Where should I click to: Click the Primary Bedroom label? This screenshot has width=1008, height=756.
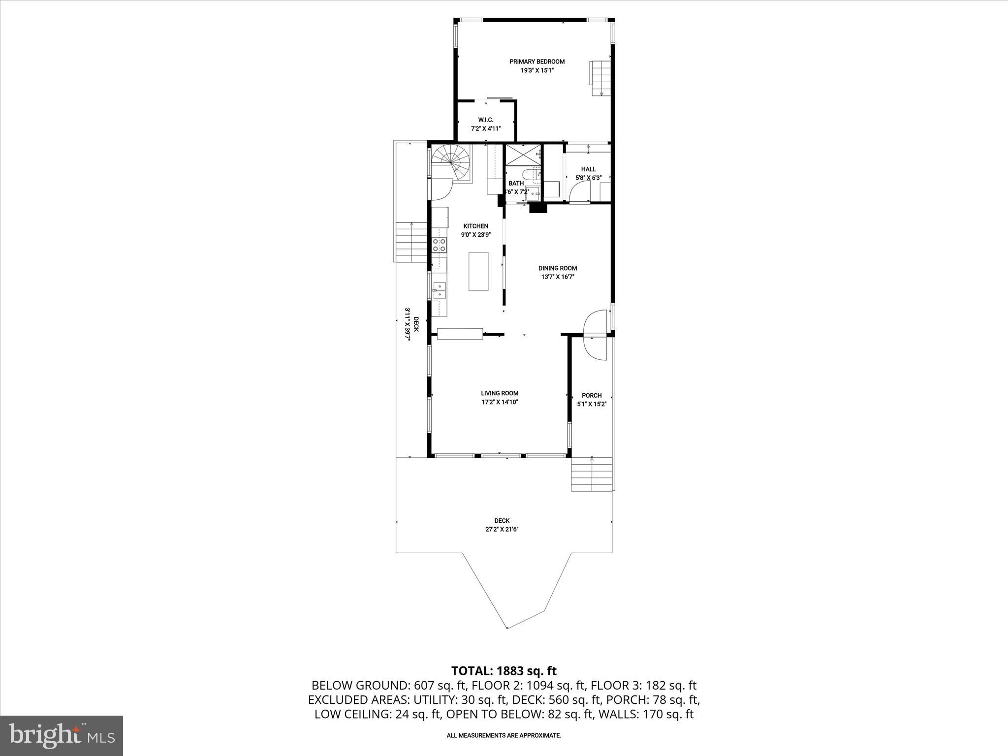coord(536,62)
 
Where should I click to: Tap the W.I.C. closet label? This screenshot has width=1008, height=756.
coord(485,120)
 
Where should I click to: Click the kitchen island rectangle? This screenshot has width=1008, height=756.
coord(478,271)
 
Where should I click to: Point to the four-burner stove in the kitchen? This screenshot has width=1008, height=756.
coord(439,245)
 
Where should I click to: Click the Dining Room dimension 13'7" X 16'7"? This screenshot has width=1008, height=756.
coord(558,277)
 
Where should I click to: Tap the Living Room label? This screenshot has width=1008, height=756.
coord(500,393)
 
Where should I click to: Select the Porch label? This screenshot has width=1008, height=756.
coord(592,395)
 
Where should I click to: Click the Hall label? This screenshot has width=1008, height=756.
coord(588,169)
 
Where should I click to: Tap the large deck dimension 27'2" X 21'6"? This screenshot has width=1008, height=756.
coord(502,529)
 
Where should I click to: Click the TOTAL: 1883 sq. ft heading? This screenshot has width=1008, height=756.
coord(504,671)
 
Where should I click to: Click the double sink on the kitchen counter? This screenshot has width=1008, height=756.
coord(439,290)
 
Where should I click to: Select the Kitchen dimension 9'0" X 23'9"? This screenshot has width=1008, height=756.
coord(475,235)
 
